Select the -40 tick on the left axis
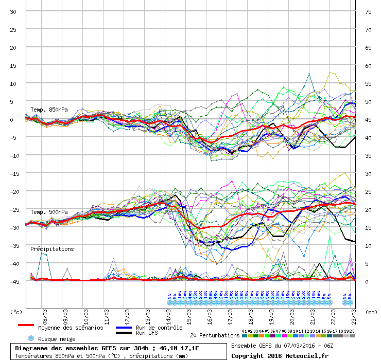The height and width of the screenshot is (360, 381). [x=14, y=263]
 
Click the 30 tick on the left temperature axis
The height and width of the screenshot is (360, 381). [x=14, y=11]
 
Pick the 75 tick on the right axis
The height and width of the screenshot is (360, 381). [x=368, y=11]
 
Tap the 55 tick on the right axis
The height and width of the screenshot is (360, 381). [x=368, y=83]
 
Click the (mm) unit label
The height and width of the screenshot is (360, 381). [x=371, y=312]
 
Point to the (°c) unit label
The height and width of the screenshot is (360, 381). [x=16, y=312]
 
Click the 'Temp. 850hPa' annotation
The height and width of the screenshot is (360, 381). [x=49, y=110]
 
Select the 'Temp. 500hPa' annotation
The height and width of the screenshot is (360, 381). [x=49, y=212]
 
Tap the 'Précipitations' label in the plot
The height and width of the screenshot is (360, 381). [x=51, y=249]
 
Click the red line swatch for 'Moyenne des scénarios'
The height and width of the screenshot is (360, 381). [x=26, y=326]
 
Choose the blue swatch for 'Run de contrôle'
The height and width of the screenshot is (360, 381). [x=124, y=328]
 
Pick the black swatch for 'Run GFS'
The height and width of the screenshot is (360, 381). [x=124, y=333]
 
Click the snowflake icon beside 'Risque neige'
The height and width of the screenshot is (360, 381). [x=30, y=338]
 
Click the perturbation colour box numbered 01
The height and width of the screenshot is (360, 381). [x=244, y=336]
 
